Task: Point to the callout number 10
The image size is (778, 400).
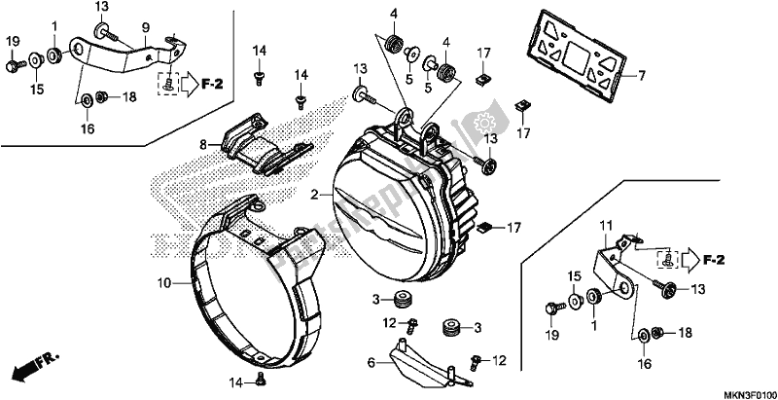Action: coord(165,284)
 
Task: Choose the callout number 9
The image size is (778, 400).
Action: coord(145,26)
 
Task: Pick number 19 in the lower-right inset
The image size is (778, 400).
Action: coord(552,335)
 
